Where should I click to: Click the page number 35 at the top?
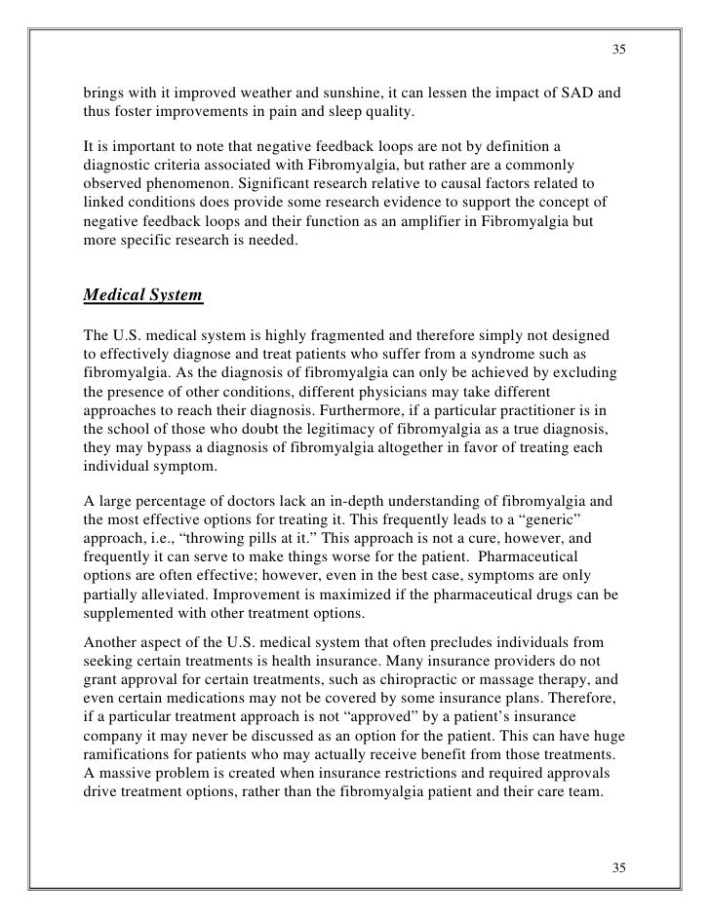(x=618, y=50)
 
